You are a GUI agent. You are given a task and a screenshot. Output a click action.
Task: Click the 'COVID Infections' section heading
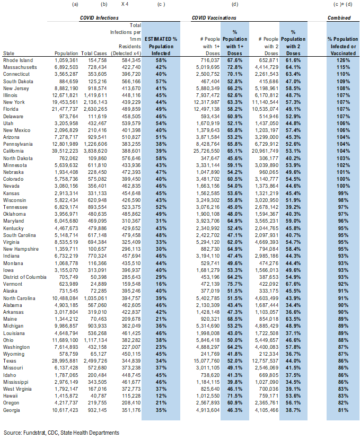coord(100,18)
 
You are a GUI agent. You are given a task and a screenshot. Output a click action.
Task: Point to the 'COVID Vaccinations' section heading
coord(214,18)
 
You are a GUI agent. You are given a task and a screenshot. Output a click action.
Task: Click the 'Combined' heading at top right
coord(339,18)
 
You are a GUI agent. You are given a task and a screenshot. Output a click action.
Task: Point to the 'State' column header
coord(9,54)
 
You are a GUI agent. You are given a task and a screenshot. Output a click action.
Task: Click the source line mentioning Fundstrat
coord(62,433)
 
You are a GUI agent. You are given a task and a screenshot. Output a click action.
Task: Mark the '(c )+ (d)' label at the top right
coord(339,5)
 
